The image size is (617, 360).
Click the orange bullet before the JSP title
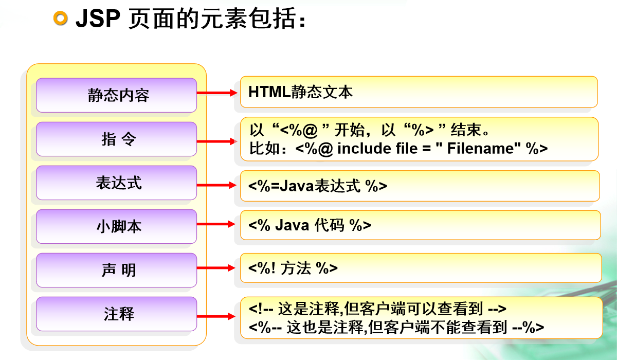click(61, 19)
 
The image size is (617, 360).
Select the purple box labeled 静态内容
click(116, 95)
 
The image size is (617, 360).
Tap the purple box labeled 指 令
click(116, 139)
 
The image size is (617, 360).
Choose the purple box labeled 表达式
click(116, 183)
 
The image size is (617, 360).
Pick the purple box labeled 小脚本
click(116, 226)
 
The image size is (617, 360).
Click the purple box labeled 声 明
click(116, 270)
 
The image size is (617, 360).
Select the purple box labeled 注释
click(116, 314)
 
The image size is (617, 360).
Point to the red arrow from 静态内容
click(216, 93)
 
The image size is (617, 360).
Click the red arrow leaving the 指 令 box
click(216, 140)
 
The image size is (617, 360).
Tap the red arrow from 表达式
click(216, 185)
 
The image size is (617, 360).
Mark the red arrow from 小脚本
click(216, 224)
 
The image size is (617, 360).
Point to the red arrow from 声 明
click(216, 267)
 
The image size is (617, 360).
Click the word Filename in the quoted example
click(480, 149)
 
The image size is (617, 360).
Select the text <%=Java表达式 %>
click(318, 186)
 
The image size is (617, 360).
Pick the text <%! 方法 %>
click(293, 268)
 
